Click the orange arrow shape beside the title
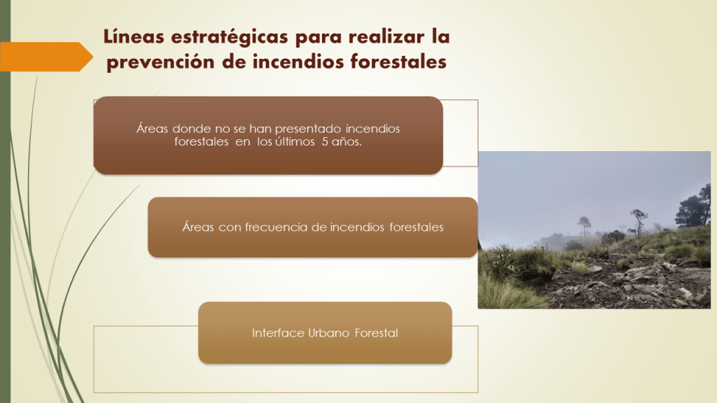pos(46,57)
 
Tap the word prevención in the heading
pos(160,62)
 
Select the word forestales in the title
pos(398,62)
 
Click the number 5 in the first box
pos(325,141)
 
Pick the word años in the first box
pos(347,141)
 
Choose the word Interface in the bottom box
pos(278,332)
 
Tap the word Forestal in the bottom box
pos(376,332)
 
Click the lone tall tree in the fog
pos(584,227)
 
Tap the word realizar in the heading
pos(387,36)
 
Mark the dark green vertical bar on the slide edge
pos(5,201)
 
